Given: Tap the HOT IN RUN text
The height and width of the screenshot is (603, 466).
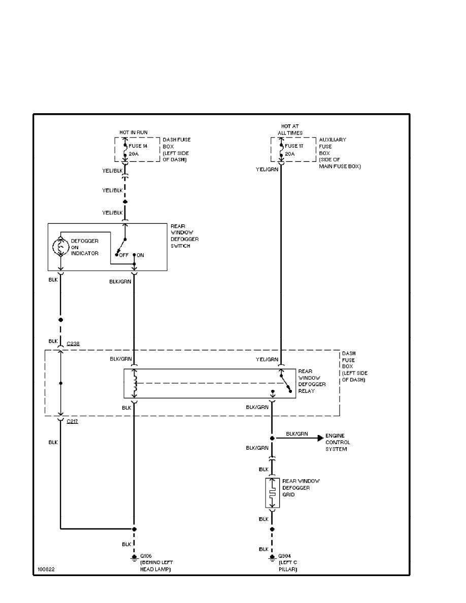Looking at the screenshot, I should click(x=134, y=132).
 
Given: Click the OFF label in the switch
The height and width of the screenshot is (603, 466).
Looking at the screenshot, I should click(x=123, y=255).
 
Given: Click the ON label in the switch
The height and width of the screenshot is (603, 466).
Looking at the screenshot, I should click(x=140, y=255).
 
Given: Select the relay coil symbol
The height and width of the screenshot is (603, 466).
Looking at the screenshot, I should click(x=134, y=383).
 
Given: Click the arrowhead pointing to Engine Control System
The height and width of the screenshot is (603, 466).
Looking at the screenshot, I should click(x=319, y=438).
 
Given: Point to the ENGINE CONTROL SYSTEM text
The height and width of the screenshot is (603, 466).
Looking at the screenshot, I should click(x=337, y=442).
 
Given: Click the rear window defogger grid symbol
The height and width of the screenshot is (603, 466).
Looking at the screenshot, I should click(x=272, y=493).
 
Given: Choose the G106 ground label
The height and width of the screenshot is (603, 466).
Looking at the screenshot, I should click(x=146, y=556).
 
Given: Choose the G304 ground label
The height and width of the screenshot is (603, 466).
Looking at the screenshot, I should click(x=283, y=556).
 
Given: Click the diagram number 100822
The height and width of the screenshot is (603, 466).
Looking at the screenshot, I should click(x=46, y=569).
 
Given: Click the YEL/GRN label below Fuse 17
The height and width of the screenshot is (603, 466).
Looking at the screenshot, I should click(x=267, y=170).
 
